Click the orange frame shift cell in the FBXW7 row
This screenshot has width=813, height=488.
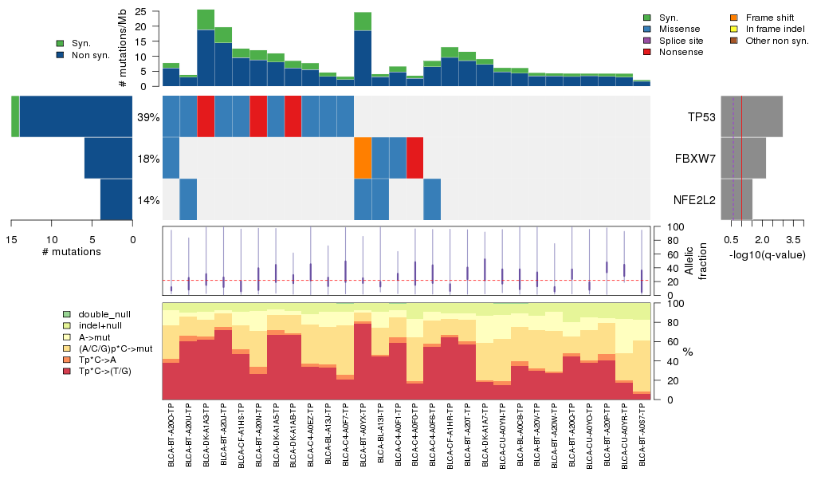(x=363, y=158)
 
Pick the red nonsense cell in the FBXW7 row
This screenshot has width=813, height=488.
(x=414, y=158)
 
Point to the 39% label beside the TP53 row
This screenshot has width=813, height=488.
(x=149, y=117)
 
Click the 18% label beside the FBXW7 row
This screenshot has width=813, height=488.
(x=149, y=159)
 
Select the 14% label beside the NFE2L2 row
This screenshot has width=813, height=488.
(x=149, y=200)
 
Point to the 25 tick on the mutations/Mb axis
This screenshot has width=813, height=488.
(x=139, y=12)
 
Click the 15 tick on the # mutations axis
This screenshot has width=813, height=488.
(x=12, y=238)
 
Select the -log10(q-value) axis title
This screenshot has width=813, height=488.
(x=768, y=254)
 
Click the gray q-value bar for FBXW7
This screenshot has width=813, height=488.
(x=744, y=158)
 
